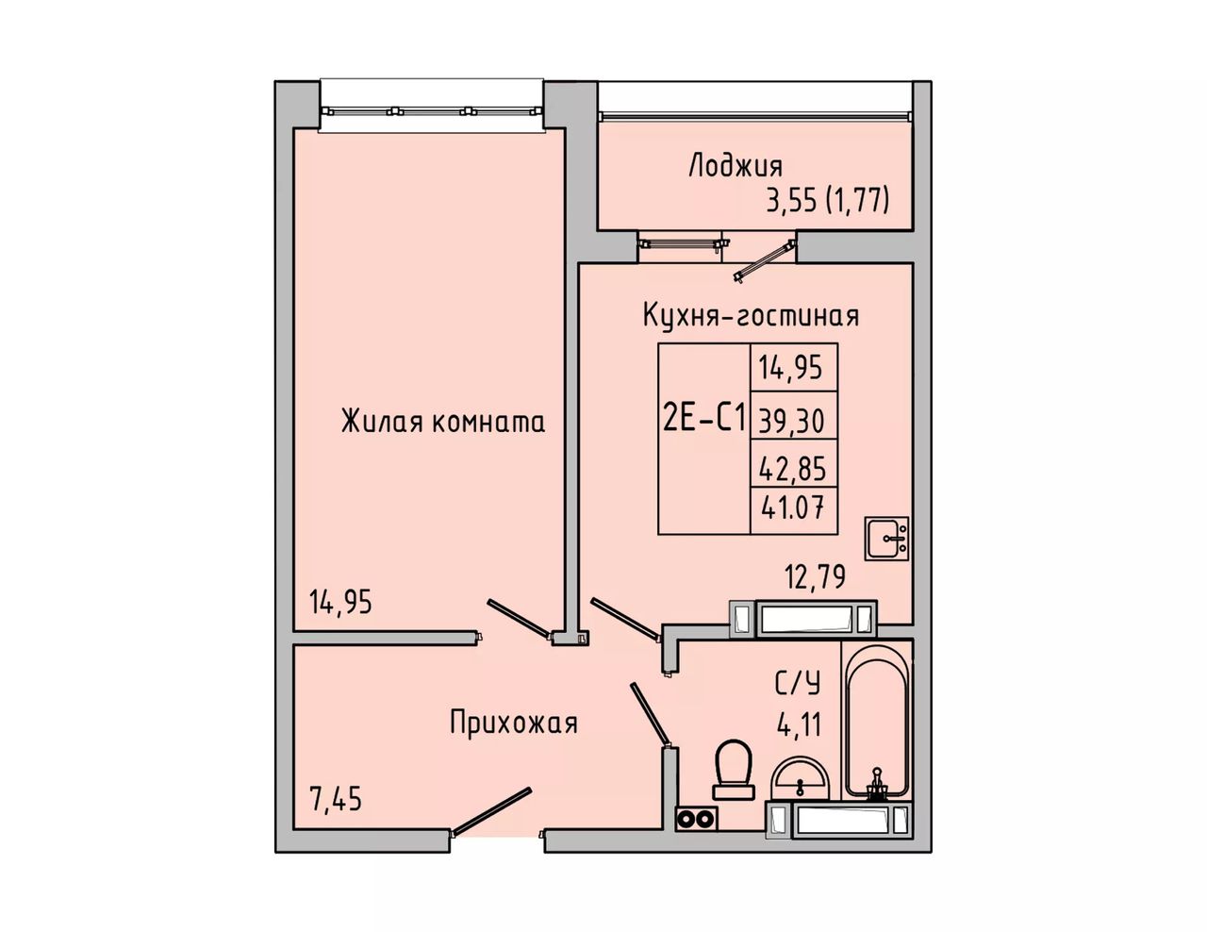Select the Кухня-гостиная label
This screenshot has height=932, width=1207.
coord(751,315)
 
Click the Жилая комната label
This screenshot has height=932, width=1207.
coord(442,422)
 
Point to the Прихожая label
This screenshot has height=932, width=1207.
coord(514,724)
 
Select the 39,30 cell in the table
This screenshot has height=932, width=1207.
coord(791,422)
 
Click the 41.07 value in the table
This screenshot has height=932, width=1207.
coord(792,508)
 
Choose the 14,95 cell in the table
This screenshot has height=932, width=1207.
coord(790,368)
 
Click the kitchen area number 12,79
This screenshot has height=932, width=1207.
coord(815,577)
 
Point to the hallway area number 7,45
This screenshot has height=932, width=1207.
coord(336,799)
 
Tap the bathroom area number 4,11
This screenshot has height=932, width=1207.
coord(798,724)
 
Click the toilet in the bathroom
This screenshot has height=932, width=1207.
coord(735,770)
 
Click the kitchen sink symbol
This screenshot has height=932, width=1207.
coord(887,538)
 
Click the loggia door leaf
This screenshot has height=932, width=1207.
coord(764,260)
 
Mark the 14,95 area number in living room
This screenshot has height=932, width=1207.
coord(340,602)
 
